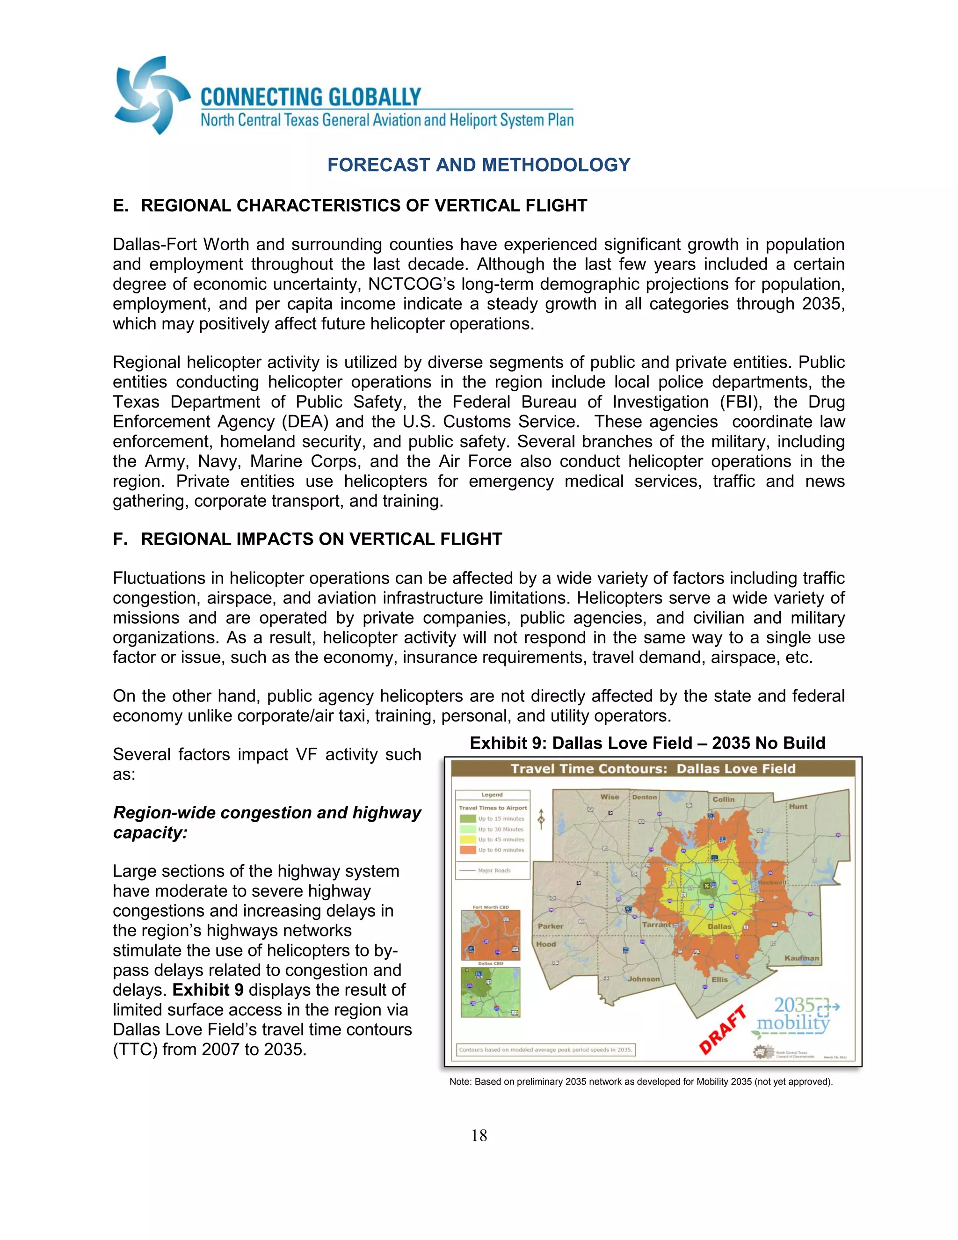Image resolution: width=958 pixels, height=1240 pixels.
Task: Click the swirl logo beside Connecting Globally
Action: [x=151, y=95]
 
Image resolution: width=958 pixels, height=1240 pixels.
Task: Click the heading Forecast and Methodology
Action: [x=479, y=165]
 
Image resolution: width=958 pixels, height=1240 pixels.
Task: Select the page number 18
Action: [x=479, y=1136]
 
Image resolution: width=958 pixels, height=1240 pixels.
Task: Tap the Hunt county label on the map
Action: [x=798, y=806]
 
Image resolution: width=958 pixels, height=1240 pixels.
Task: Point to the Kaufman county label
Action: [x=801, y=958]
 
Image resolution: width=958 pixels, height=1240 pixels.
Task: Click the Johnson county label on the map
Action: [x=644, y=979]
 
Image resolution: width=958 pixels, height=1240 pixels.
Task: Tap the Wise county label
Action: [x=610, y=796]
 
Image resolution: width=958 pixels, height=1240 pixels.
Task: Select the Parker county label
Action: [x=550, y=926]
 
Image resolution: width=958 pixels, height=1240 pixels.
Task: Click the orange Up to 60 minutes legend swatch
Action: [x=468, y=850]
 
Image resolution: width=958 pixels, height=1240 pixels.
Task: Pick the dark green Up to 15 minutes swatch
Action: [x=468, y=819]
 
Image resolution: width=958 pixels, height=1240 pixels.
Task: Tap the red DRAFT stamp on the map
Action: [x=722, y=1029]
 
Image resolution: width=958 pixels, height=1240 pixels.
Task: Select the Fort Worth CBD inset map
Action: [x=490, y=934]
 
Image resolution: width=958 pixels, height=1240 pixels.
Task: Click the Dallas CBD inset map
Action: [x=490, y=992]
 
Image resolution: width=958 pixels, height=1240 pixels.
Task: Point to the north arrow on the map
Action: [x=541, y=819]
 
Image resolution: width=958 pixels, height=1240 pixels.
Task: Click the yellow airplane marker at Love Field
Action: [x=707, y=885]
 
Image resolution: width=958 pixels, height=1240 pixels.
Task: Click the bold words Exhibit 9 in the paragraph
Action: [x=208, y=990]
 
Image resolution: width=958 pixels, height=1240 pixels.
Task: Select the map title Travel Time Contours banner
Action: [x=653, y=769]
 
